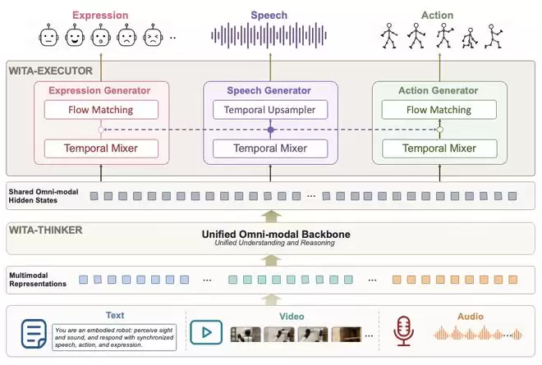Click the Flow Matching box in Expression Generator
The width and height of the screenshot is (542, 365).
[x=101, y=110]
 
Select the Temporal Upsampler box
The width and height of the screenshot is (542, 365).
[x=270, y=110]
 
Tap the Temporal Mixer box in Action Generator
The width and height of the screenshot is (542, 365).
[x=439, y=148]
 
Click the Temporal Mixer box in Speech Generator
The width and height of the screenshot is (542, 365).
[x=270, y=148]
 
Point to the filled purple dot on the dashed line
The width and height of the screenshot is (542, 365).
[x=271, y=130]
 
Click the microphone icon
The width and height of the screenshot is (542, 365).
[x=403, y=331]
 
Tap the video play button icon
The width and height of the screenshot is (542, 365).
[x=206, y=332]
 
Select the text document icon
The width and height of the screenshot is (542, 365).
[x=34, y=334]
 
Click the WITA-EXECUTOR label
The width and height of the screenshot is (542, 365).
[x=50, y=71]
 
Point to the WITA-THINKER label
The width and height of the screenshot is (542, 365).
[x=46, y=230]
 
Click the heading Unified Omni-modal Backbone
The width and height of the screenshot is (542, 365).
[x=276, y=234]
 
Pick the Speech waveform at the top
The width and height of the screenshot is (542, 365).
[x=269, y=35]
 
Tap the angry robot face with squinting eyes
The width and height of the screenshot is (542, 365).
[x=153, y=35]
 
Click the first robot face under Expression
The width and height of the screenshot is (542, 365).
[x=48, y=35]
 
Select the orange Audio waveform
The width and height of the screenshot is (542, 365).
[x=478, y=333]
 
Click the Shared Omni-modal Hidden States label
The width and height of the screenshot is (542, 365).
[x=44, y=196]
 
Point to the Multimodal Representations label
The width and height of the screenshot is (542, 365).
[x=38, y=280]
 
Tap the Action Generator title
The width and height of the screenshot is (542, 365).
[x=438, y=90]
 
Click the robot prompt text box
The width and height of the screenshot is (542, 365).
[x=114, y=337]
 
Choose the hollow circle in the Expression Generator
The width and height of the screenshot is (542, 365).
[x=101, y=130]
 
